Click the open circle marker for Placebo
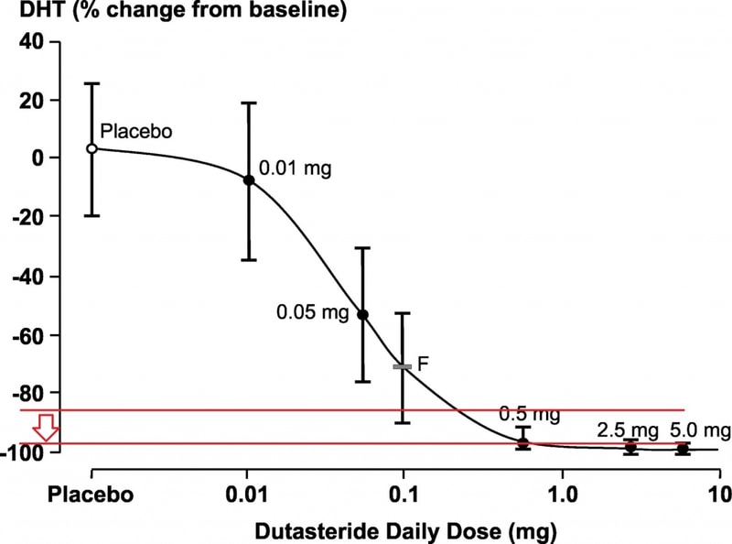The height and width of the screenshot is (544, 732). [92, 148]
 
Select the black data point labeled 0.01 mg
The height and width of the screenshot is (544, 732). [249, 180]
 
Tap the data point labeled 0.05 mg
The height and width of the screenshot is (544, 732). [362, 315]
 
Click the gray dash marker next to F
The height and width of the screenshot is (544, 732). [402, 367]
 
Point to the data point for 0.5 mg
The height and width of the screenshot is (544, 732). [522, 442]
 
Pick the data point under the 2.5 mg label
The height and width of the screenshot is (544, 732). [630, 447]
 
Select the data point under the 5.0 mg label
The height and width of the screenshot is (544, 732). [683, 449]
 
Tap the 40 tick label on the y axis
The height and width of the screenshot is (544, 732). [32, 41]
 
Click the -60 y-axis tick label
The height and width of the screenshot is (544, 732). [28, 335]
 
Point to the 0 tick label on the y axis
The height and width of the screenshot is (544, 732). [38, 158]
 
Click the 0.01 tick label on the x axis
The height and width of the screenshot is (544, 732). [246, 495]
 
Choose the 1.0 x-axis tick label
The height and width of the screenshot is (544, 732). [563, 495]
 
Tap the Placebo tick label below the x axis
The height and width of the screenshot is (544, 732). [91, 495]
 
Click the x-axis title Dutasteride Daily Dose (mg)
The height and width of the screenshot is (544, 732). [405, 532]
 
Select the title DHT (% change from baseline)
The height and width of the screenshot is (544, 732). [183, 10]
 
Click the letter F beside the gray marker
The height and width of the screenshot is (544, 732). [423, 364]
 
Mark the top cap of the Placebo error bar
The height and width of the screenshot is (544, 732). [92, 83]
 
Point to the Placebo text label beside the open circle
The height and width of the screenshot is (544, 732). [136, 131]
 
